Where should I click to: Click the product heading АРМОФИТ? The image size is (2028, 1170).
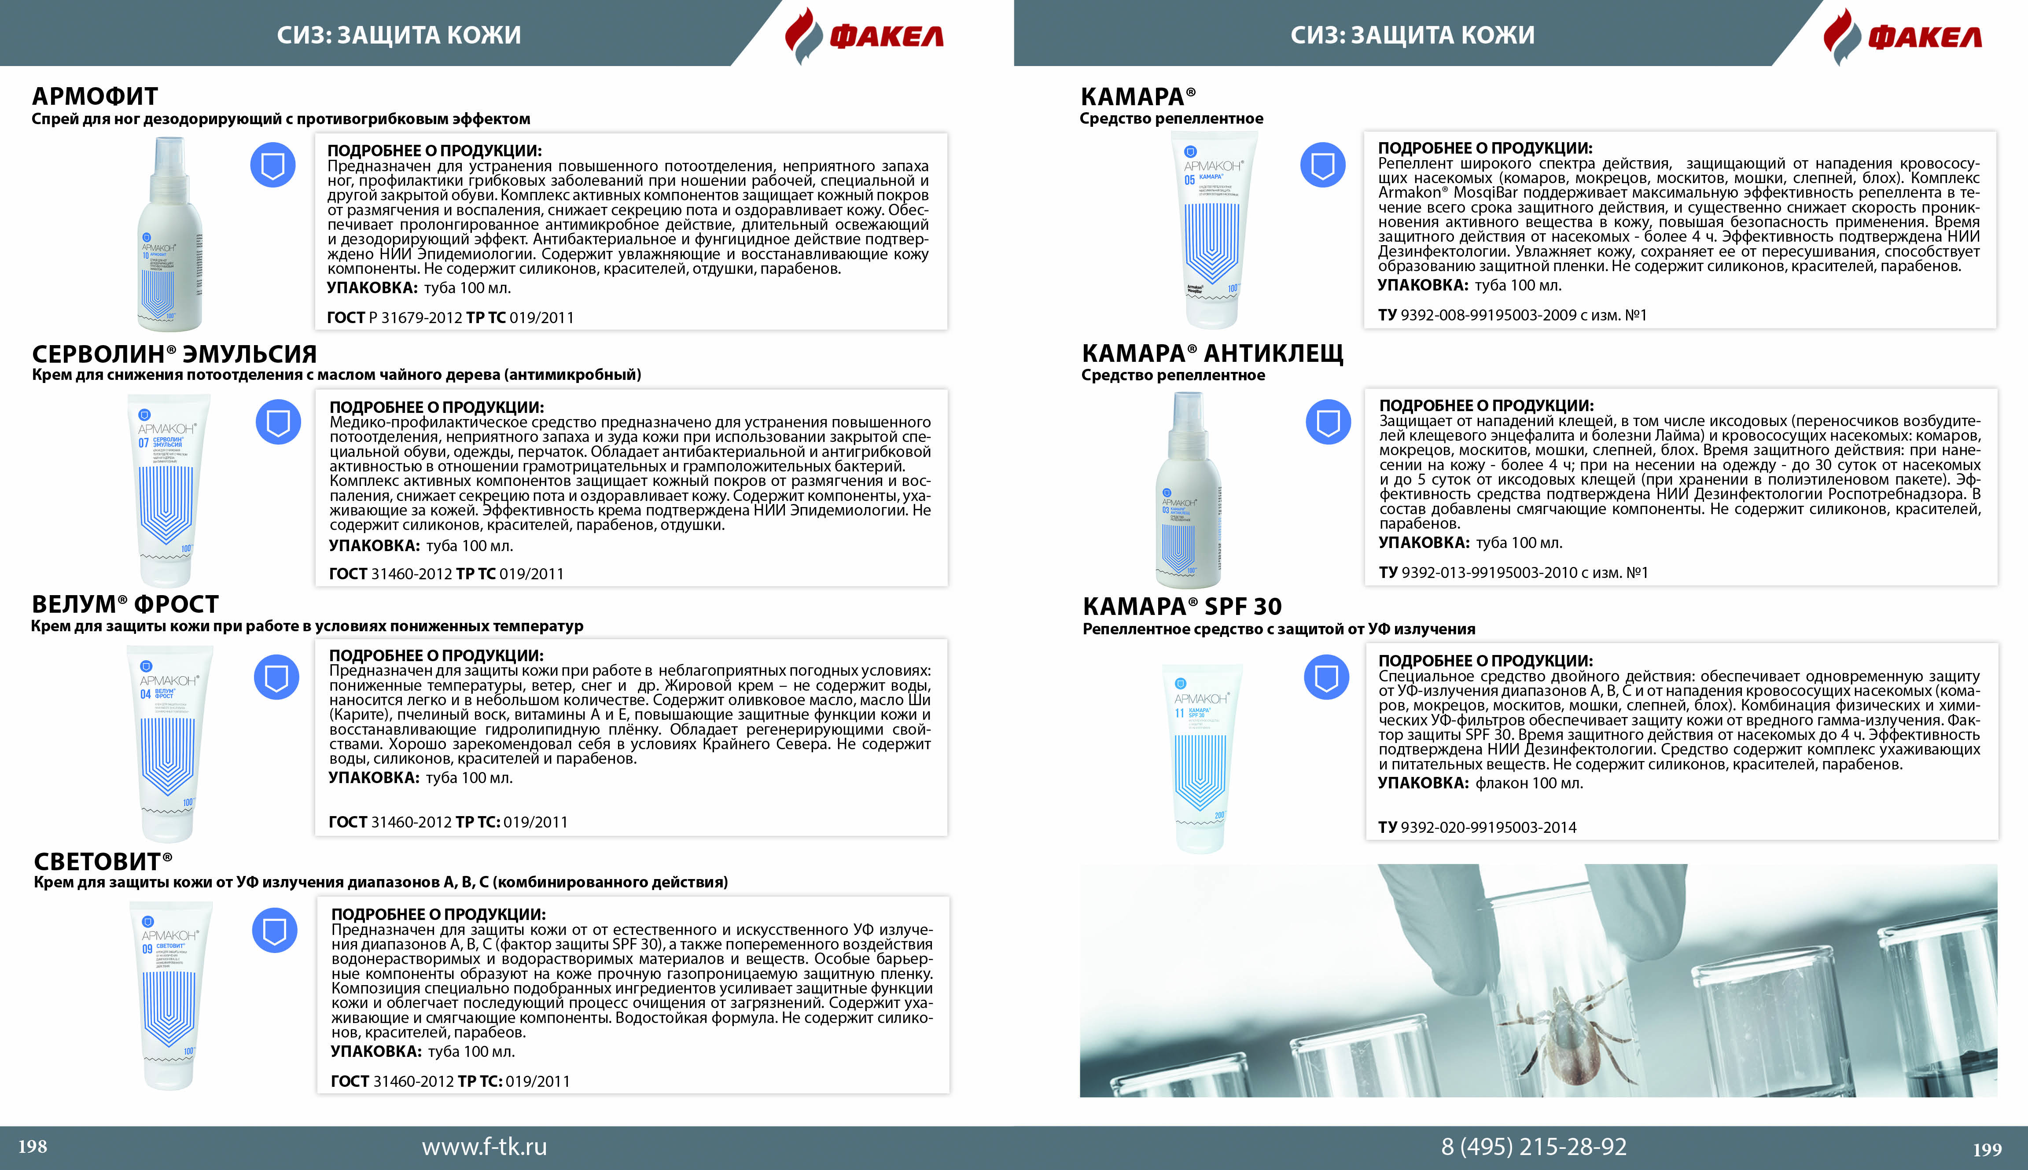[x=95, y=96]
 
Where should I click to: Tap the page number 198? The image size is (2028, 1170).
[x=33, y=1147]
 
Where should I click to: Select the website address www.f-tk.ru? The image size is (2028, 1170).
[x=485, y=1147]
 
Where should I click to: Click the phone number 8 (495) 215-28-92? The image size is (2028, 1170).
[x=1534, y=1147]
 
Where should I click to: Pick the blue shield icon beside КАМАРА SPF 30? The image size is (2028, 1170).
[x=1326, y=677]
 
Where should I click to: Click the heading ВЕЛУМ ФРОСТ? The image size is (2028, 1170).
[x=125, y=604]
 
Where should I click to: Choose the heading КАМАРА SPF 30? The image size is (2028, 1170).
[x=1182, y=607]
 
